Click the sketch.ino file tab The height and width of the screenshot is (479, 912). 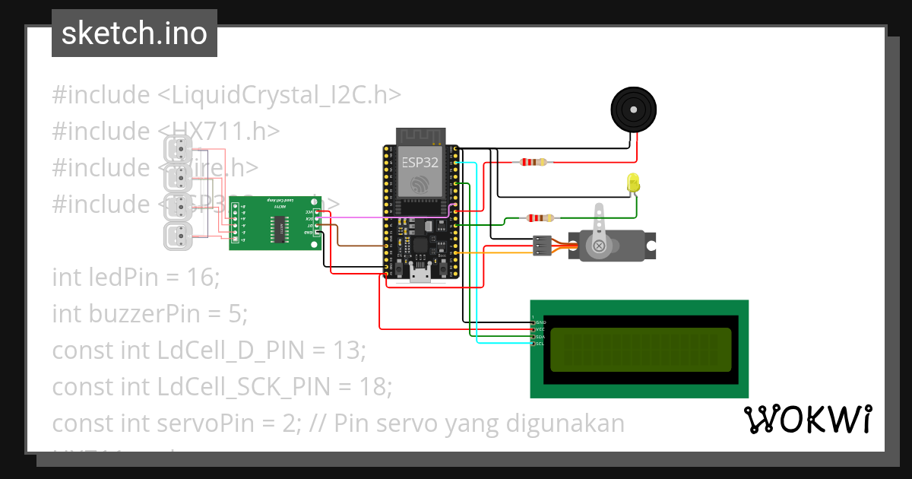[134, 33]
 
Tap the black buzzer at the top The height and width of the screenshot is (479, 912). [632, 109]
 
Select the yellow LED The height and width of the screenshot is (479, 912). [634, 183]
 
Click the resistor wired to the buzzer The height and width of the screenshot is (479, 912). [532, 162]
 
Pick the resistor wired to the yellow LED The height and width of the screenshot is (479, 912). [539, 218]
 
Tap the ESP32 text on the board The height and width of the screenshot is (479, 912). [419, 161]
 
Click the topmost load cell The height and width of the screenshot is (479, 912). [179, 150]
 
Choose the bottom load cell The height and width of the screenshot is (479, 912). [179, 236]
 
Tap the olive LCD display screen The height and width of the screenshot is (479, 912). [640, 350]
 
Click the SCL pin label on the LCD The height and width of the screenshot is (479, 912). [540, 344]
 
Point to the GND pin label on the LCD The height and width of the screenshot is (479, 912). [541, 322]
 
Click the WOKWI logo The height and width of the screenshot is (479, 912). [807, 419]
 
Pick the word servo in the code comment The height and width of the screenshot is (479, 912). [423, 423]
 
